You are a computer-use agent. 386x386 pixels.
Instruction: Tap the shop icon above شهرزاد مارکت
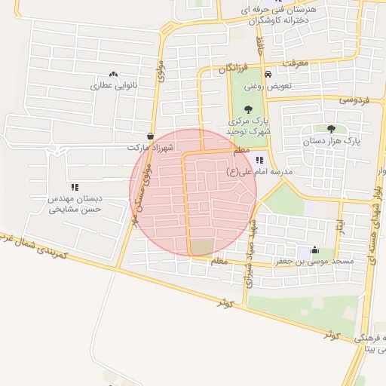[x=152, y=136]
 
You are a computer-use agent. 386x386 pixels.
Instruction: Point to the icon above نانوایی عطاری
[x=113, y=74]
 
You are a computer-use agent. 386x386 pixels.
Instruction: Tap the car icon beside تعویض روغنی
[x=268, y=74]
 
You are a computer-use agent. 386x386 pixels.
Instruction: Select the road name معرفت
[x=296, y=65]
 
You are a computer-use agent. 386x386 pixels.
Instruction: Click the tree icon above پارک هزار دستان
[x=331, y=129]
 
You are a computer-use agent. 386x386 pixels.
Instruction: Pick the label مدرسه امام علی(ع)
[x=265, y=171]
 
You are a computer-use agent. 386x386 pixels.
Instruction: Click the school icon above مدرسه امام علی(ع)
[x=260, y=159]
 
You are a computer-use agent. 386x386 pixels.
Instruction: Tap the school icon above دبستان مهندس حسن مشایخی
[x=75, y=186]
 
